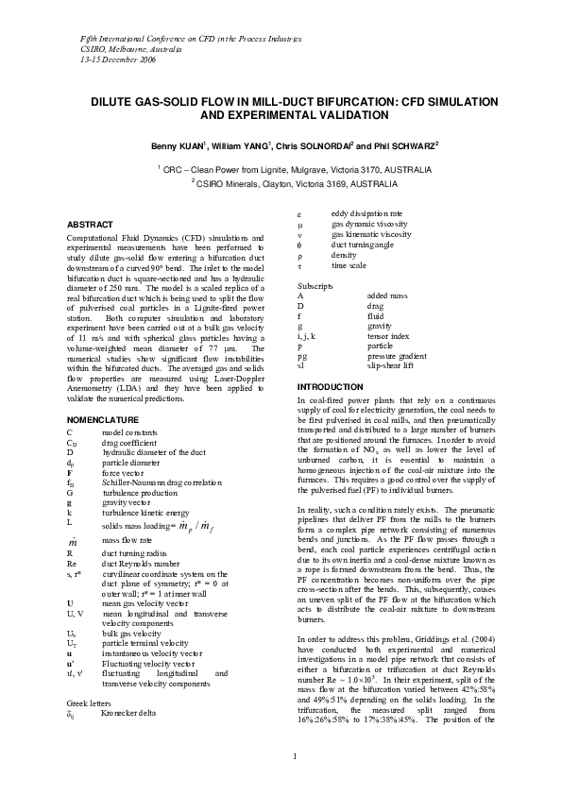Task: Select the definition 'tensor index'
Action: tap(390, 336)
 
